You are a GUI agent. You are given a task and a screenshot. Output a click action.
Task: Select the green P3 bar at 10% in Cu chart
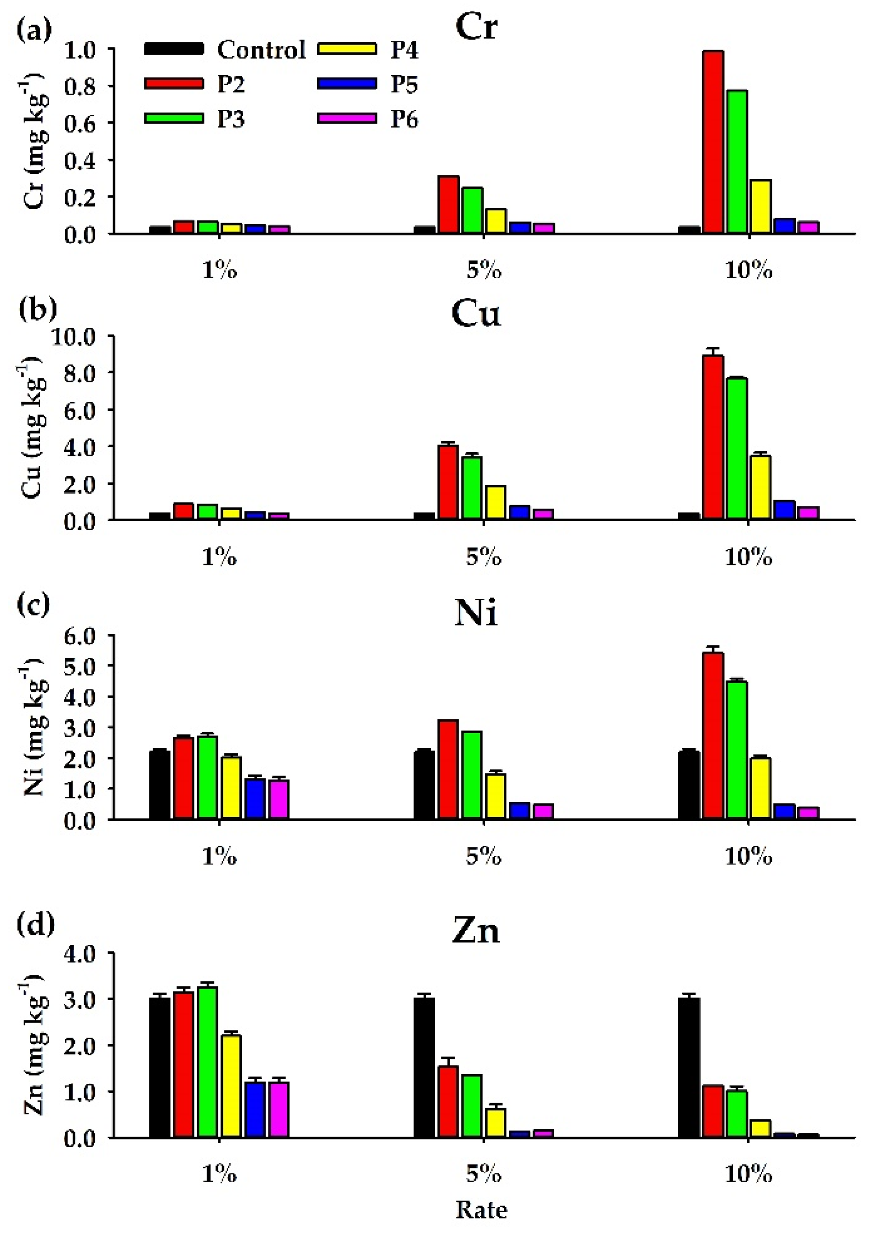(736, 449)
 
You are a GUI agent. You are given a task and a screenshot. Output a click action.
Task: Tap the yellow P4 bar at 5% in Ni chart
(496, 797)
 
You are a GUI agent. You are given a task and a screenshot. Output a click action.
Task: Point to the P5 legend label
(404, 84)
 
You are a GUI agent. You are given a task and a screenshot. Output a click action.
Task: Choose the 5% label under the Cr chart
(484, 270)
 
